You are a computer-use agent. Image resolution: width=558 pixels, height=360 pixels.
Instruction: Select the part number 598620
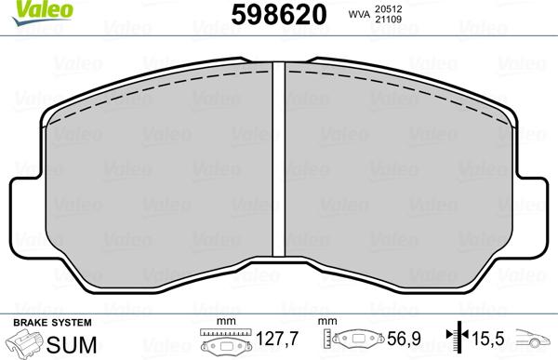[x=279, y=14]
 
